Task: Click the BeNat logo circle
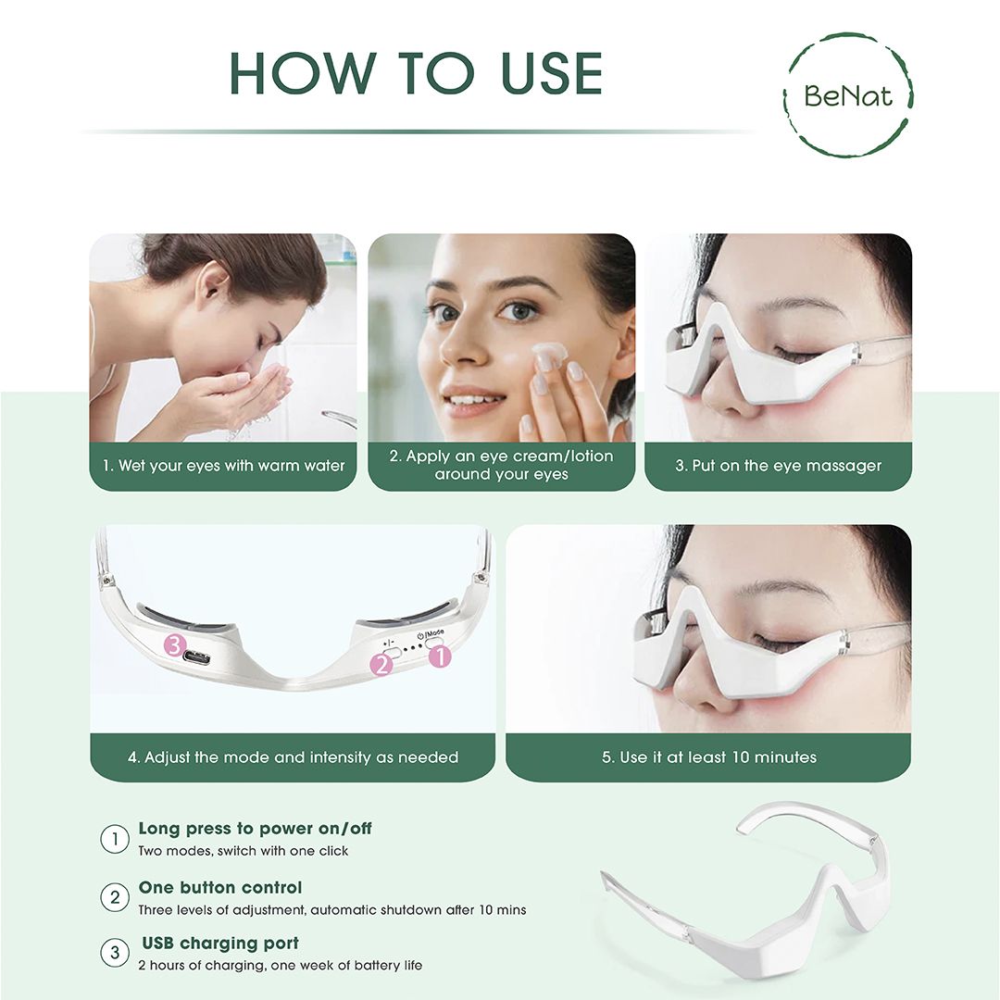coord(847,94)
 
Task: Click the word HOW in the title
coord(295,73)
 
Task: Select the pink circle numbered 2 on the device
coord(381,664)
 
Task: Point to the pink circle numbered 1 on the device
coord(440,656)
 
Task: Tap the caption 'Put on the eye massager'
coord(778,466)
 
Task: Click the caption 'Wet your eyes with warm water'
coord(223,466)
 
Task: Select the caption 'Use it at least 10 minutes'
coord(708,757)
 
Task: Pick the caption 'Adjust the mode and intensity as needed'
coord(293,757)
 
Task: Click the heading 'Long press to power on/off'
coord(255,829)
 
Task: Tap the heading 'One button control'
coord(220,888)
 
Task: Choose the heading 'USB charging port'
coord(220,944)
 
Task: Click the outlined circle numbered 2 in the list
coord(114,897)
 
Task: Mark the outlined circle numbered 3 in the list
coord(114,953)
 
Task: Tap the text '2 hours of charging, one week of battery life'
coord(280,966)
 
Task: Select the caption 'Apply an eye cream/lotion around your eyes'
coord(501,466)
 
